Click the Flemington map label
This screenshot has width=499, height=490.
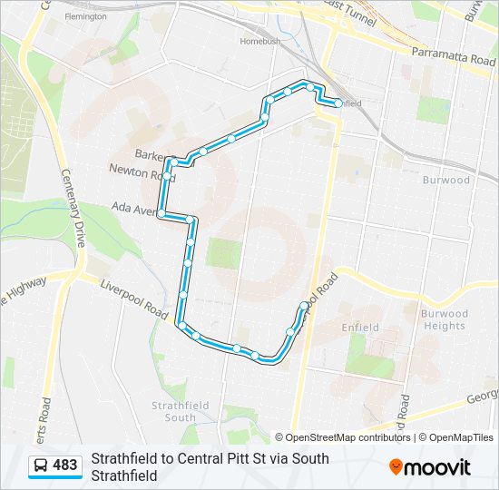click(x=86, y=16)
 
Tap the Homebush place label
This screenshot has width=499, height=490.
click(x=260, y=42)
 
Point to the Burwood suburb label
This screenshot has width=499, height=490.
click(x=446, y=180)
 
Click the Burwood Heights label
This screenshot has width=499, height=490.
click(x=444, y=320)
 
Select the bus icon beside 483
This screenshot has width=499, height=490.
click(x=42, y=465)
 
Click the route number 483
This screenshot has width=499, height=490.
click(x=65, y=465)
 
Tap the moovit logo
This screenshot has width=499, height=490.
click(x=430, y=467)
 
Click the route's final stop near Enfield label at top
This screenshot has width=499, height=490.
click(x=338, y=103)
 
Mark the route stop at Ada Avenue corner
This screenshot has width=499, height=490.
click(x=161, y=214)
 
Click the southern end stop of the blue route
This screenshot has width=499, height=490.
click(x=304, y=305)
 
